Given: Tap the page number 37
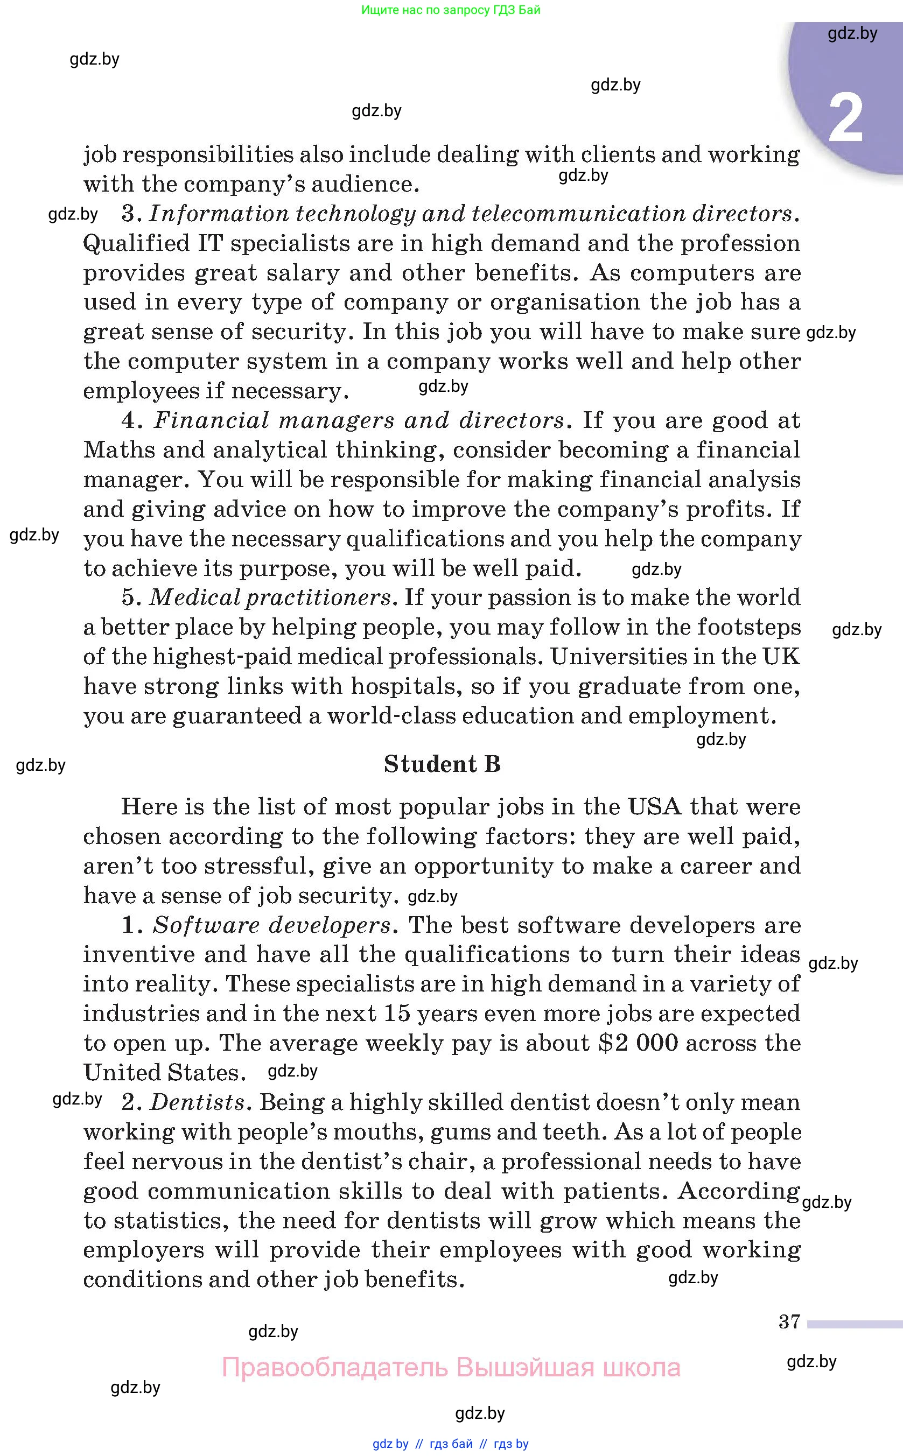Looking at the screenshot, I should [789, 1321].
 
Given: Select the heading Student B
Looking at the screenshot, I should [442, 764].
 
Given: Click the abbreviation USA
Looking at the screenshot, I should [655, 807].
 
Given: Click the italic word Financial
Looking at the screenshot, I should [212, 420].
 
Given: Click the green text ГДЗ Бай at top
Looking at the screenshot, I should [514, 10].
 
